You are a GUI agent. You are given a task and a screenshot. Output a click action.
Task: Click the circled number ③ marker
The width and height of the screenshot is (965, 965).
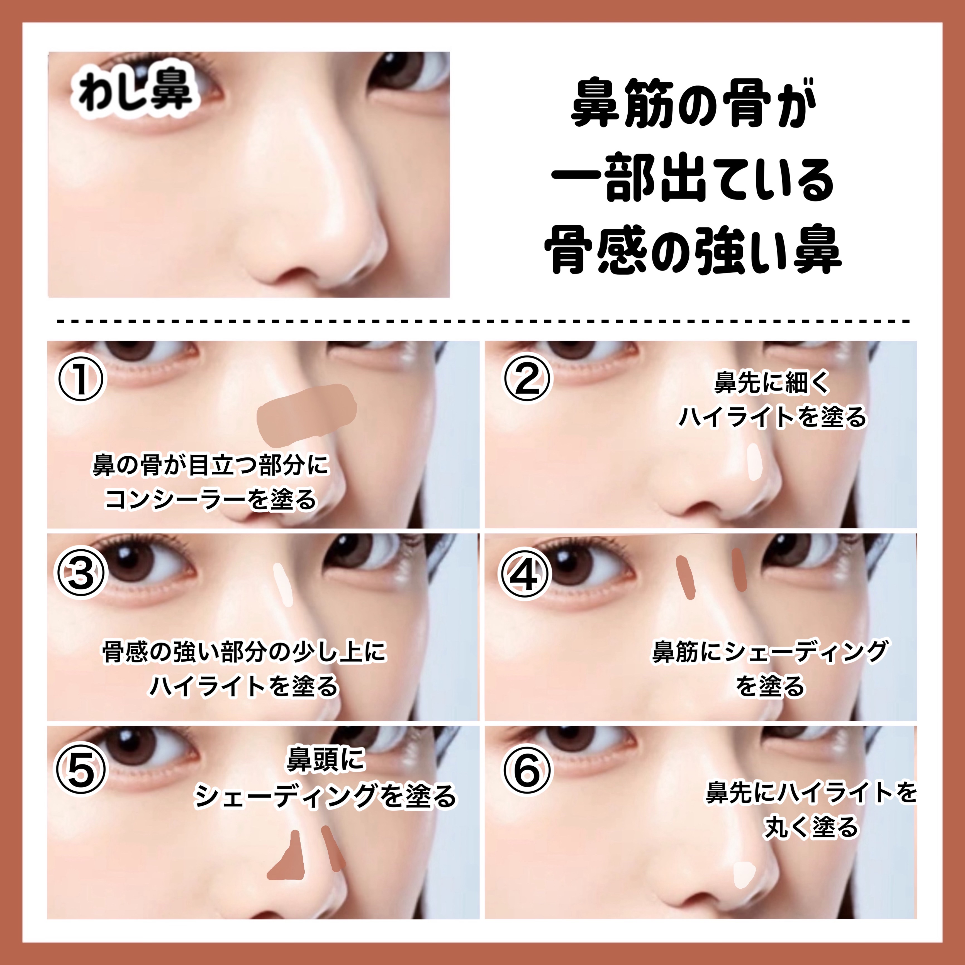tap(81, 573)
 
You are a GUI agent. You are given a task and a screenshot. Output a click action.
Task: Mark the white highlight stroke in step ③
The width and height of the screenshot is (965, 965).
tap(284, 584)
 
